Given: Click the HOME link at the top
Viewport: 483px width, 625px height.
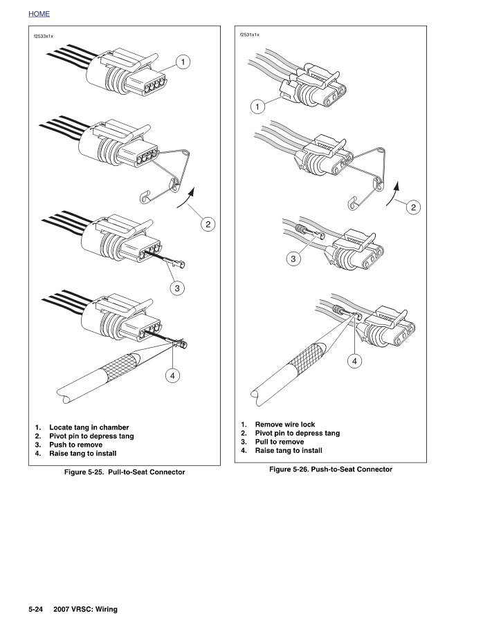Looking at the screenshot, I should pyautogui.click(x=39, y=14).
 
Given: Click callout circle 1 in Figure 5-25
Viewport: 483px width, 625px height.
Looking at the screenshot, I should pyautogui.click(x=183, y=62).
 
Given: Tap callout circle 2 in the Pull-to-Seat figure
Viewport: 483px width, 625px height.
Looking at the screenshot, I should pyautogui.click(x=208, y=224).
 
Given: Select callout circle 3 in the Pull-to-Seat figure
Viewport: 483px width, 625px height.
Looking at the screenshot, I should pyautogui.click(x=177, y=288).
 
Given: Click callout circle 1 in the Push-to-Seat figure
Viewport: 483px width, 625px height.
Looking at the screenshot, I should pyautogui.click(x=257, y=107).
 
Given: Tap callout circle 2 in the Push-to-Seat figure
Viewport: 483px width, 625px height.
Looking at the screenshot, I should pyautogui.click(x=414, y=207).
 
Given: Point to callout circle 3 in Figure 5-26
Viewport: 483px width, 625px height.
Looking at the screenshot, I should pyautogui.click(x=293, y=259).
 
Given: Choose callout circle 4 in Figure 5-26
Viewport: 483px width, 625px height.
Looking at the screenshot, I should pyautogui.click(x=355, y=360).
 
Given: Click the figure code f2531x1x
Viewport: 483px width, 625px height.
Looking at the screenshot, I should pyautogui.click(x=249, y=33).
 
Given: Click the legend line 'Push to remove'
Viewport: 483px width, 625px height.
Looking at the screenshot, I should pyautogui.click(x=77, y=445).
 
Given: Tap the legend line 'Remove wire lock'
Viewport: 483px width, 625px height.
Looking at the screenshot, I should pyautogui.click(x=284, y=425).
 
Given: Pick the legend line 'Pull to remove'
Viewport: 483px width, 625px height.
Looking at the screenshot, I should pyautogui.click(x=279, y=442).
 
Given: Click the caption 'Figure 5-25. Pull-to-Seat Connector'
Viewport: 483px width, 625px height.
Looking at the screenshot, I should pyautogui.click(x=125, y=472).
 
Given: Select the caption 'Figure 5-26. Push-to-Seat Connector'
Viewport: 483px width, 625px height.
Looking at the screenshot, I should pyautogui.click(x=331, y=469).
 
